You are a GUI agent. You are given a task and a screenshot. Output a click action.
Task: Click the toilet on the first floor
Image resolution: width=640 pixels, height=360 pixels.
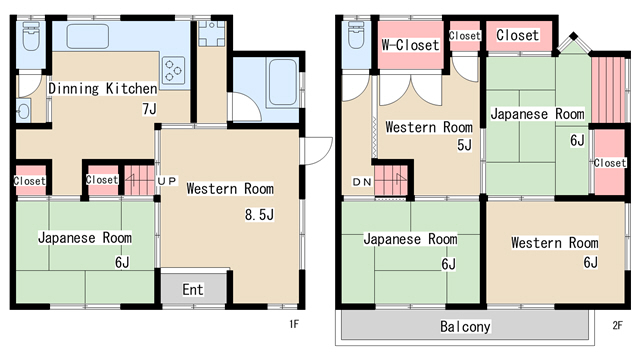click(31, 36)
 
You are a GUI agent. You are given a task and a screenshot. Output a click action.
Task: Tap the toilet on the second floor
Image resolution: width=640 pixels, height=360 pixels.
click(356, 35)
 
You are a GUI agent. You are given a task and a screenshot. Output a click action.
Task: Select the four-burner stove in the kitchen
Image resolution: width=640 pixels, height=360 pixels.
click(173, 71)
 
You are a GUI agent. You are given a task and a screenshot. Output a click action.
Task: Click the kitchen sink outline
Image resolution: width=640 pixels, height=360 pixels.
click(88, 36)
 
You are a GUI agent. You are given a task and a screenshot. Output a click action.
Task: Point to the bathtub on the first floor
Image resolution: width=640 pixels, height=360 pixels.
click(282, 82)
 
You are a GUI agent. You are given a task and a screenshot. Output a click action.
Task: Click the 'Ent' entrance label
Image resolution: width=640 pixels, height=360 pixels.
click(193, 290)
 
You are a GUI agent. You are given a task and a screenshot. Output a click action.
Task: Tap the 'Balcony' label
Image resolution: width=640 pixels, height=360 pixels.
click(465, 327)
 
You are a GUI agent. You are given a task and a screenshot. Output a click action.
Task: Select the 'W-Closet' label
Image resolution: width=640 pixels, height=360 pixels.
click(410, 44)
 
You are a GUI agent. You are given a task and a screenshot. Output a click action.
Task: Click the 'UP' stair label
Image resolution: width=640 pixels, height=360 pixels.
click(167, 181)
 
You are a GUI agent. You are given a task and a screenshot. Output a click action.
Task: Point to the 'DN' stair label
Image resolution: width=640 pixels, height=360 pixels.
click(362, 182)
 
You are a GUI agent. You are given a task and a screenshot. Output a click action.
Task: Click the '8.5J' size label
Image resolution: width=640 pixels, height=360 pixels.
click(259, 215)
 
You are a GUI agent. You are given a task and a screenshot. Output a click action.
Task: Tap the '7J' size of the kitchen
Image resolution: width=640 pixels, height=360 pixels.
click(149, 109)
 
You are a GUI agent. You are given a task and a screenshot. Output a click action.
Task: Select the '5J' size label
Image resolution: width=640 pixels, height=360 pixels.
click(464, 145)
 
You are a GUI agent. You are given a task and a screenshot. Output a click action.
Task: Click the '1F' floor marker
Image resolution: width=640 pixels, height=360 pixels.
click(294, 324)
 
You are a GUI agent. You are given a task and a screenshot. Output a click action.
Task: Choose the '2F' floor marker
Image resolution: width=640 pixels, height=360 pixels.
click(617, 325)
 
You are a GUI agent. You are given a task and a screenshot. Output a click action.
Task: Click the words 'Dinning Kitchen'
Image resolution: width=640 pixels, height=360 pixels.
click(103, 89)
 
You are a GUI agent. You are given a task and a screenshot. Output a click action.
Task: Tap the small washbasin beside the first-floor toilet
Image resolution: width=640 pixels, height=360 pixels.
click(23, 111)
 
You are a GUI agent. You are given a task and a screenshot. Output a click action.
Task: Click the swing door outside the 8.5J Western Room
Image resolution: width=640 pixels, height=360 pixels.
click(317, 151)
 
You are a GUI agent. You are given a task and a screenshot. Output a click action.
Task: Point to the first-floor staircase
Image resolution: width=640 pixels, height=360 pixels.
click(139, 180)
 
